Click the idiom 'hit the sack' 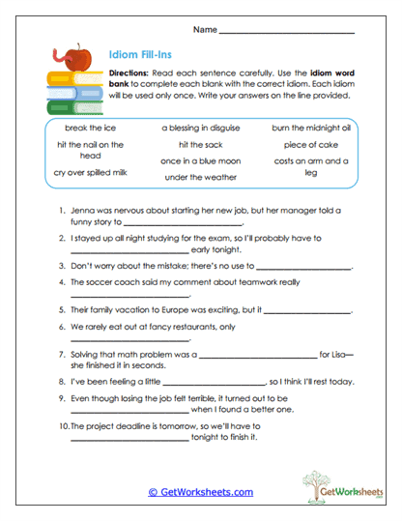pos(202,144)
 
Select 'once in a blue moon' pos(202,160)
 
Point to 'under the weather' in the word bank pos(202,177)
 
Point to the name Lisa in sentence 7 pos(336,355)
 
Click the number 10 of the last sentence pos(63,424)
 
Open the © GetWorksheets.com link pos(200,491)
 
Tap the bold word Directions pos(128,74)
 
